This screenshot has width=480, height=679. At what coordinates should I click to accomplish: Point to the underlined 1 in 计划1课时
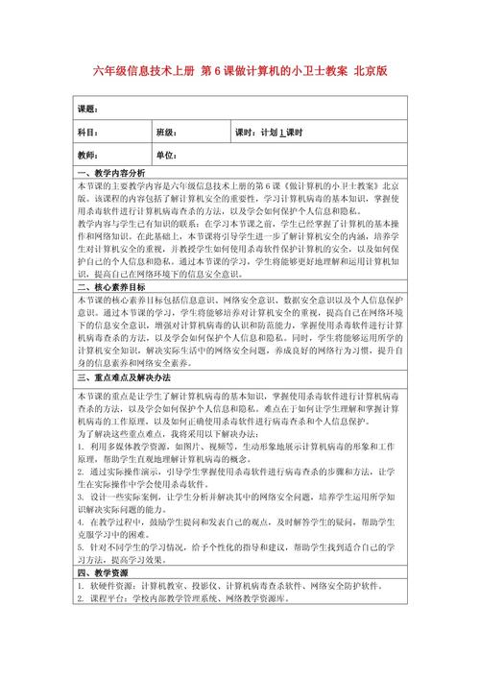283,133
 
